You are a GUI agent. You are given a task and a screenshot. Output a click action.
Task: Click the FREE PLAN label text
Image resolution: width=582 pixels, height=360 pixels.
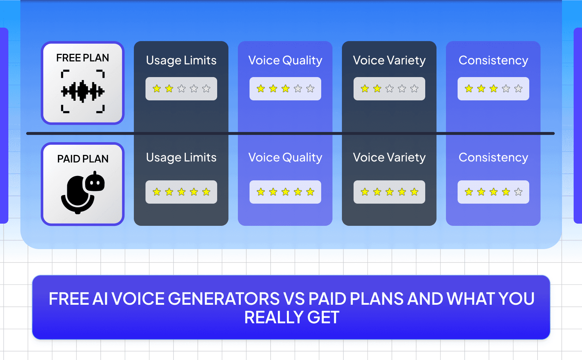[83, 58]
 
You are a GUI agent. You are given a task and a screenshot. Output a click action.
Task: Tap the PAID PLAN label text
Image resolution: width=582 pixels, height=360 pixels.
[83, 159]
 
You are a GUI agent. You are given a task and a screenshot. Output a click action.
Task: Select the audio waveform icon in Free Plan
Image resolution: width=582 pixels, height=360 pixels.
[83, 91]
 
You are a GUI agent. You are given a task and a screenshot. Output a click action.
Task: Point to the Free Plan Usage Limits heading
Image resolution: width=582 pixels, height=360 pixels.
[181, 60]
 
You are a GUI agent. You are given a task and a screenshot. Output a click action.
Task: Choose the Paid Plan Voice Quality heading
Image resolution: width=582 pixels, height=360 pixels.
[285, 157]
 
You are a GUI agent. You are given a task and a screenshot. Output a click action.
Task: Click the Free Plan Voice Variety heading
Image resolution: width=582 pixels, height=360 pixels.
[389, 60]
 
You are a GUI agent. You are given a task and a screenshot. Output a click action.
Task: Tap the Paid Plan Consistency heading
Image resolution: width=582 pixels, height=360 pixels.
[493, 157]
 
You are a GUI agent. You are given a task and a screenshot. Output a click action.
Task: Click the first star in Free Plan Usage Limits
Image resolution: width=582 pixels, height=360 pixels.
[157, 89]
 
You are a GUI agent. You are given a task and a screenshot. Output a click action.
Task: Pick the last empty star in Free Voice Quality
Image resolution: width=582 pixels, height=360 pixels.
[310, 89]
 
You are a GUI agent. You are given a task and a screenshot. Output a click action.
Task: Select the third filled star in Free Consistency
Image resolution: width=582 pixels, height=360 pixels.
[494, 89]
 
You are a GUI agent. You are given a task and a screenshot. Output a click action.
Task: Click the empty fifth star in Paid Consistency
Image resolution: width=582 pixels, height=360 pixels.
[518, 192]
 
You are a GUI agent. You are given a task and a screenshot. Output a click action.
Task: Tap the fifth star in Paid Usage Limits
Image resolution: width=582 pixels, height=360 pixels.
[206, 192]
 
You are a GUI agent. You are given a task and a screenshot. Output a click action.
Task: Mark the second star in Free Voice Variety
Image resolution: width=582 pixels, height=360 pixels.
[377, 89]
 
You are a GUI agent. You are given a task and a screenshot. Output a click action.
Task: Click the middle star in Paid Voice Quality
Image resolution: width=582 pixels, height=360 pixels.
[286, 192]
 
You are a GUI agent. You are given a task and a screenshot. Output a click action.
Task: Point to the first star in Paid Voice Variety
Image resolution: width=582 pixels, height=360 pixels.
[365, 192]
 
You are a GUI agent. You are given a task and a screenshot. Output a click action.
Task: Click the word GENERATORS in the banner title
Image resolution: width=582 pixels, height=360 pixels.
[224, 299]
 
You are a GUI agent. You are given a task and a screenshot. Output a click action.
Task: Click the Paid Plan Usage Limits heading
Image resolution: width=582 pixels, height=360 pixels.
[181, 157]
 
